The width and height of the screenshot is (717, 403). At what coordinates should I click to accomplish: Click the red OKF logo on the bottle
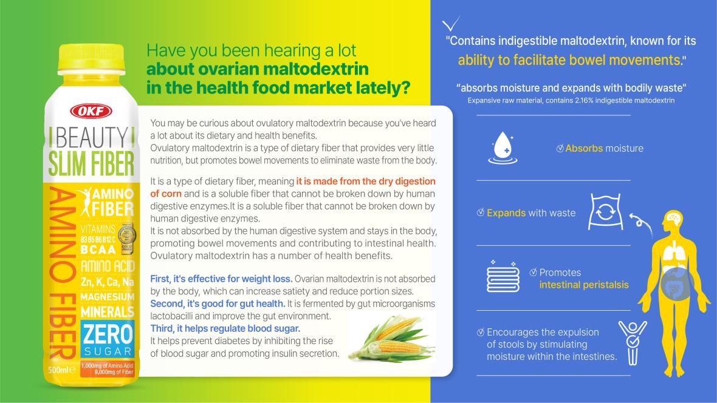[91, 111]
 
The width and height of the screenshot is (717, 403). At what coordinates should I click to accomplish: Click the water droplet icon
[503, 147]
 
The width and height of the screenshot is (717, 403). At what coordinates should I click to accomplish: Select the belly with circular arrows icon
[605, 212]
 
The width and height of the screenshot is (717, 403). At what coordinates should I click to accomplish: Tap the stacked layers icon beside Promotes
[503, 277]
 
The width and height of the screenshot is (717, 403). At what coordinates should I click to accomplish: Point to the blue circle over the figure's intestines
[678, 284]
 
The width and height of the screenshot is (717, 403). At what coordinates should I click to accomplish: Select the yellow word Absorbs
[584, 149]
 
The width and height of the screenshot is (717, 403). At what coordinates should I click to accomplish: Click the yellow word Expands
[506, 213]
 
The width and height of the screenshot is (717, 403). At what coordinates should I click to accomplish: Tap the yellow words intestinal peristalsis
[584, 285]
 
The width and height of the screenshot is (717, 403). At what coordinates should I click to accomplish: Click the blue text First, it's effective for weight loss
[221, 279]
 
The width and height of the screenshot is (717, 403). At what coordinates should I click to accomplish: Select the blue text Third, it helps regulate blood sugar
[225, 328]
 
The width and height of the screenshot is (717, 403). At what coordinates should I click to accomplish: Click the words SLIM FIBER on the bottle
[92, 164]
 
